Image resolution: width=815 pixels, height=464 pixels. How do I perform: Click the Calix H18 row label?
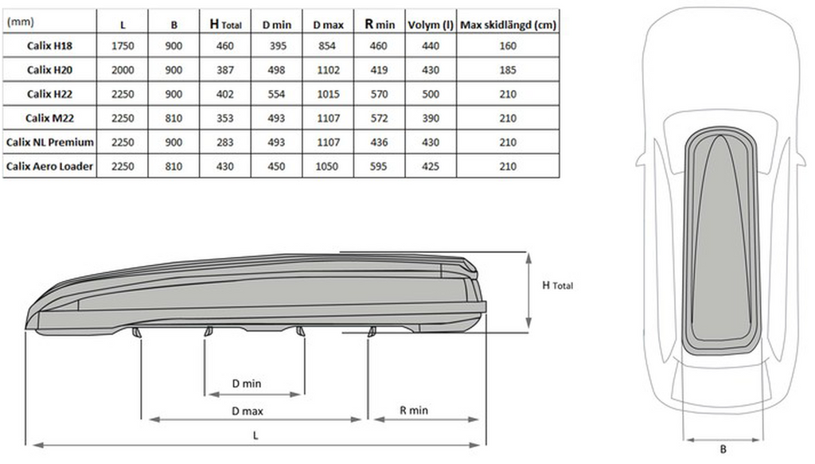tap(49, 46)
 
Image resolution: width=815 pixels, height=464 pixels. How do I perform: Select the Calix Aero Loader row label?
tap(49, 166)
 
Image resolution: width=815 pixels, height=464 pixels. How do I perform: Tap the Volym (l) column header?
tap(429, 24)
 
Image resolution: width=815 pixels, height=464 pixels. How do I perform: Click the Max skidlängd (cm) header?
tap(507, 24)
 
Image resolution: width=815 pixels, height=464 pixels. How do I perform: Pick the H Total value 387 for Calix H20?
tap(224, 70)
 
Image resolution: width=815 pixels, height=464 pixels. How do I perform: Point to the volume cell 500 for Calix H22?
tap(429, 94)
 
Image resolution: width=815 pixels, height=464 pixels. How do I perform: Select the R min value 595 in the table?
tap(380, 166)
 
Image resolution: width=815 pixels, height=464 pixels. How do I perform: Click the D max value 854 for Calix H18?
tap(327, 46)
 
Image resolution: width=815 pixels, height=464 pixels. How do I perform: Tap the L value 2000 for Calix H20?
tap(123, 70)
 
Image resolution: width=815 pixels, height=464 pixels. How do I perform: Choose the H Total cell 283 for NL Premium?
tap(224, 142)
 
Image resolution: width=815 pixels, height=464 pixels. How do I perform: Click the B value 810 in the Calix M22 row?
tap(174, 119)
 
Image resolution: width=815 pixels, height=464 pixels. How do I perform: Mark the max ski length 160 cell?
tap(507, 46)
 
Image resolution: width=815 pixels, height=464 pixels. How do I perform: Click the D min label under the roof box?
tap(247, 384)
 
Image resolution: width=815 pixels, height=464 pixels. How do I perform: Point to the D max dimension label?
tap(248, 411)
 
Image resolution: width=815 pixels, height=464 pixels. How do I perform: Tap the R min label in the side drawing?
tap(413, 411)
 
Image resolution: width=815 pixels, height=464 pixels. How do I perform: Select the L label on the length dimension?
tap(255, 435)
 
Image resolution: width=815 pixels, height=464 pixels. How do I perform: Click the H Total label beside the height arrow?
tap(556, 285)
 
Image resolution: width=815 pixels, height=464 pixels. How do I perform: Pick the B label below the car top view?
tap(723, 449)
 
